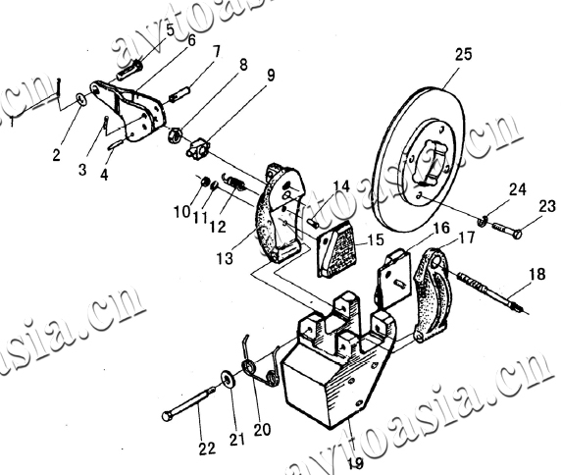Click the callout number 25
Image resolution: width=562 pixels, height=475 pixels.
tap(464, 55)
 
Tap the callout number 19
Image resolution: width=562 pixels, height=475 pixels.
tap(355, 463)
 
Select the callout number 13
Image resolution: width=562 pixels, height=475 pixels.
tap(225, 258)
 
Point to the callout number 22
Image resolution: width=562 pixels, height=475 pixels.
tap(207, 449)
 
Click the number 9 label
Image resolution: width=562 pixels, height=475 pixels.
tap(271, 75)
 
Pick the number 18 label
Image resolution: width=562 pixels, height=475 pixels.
tap(536, 274)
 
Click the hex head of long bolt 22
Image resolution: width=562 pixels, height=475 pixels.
tap(167, 416)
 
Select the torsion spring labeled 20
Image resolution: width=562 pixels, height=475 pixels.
tap(261, 365)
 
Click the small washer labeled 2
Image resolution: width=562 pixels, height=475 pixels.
tap(81, 99)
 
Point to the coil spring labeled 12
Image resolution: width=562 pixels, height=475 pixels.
tap(235, 183)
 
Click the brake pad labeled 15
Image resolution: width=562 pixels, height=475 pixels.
tap(334, 249)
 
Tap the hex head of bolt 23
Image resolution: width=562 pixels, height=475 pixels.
tap(517, 235)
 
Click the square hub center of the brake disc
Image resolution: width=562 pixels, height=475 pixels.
tap(433, 160)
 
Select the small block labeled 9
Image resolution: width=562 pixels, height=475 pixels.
tap(198, 148)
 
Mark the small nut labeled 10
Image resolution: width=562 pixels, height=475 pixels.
tap(204, 182)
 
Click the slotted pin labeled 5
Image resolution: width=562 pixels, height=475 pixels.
tap(129, 70)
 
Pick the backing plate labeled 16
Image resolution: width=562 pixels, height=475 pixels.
tap(393, 278)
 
